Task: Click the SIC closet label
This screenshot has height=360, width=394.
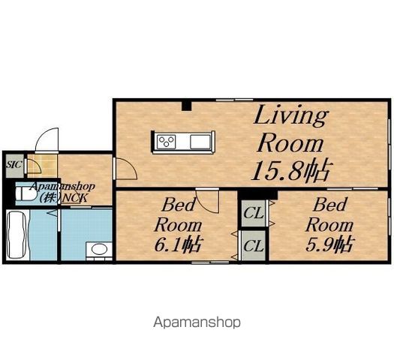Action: point(14,165)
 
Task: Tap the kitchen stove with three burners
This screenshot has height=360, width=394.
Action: point(166,142)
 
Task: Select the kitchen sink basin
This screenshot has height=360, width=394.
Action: point(200,142)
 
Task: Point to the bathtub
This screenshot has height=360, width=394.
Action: point(17,235)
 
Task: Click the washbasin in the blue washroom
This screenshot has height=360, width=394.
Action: point(99,249)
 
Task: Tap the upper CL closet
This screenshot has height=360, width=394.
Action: point(254,213)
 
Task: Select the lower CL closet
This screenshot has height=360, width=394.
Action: point(254,245)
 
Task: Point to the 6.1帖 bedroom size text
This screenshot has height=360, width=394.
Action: point(178,244)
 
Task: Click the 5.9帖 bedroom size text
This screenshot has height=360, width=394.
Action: point(329,244)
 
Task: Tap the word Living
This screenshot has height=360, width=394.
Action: point(291,115)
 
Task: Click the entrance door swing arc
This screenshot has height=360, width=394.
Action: point(45,136)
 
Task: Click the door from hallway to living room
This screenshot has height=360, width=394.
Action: point(125,169)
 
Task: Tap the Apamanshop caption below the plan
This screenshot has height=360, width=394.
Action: point(197,322)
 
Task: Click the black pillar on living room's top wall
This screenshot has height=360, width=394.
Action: point(186,106)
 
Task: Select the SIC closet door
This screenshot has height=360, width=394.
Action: point(32,166)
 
